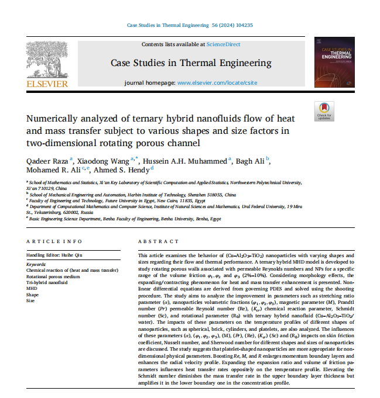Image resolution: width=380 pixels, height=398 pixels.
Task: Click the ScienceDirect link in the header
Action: pos(223,44)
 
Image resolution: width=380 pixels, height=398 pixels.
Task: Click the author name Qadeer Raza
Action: pos(47,159)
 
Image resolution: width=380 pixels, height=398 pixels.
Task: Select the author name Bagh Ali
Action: pos(251,159)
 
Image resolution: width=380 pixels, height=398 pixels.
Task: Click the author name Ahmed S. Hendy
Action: pos(126,169)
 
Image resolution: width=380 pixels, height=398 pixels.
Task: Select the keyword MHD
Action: pos(32,288)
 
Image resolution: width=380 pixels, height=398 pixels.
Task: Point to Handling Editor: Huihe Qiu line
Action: pos(54,255)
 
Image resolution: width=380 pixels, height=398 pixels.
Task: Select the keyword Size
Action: pos(31,300)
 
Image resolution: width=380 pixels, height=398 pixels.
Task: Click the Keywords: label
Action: pos(36,265)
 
